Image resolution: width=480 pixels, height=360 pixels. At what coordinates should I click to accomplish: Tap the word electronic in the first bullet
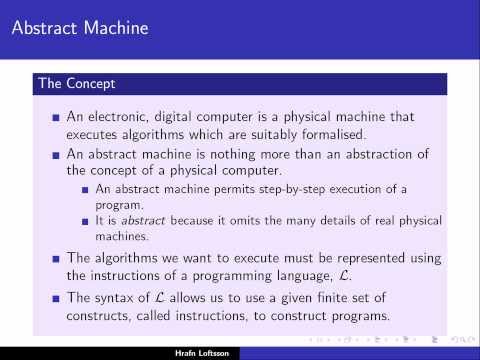(x=123, y=116)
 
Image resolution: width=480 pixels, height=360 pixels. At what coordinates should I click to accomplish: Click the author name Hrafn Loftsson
(x=240, y=352)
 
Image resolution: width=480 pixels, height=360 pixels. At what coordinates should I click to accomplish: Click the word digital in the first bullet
(x=187, y=116)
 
